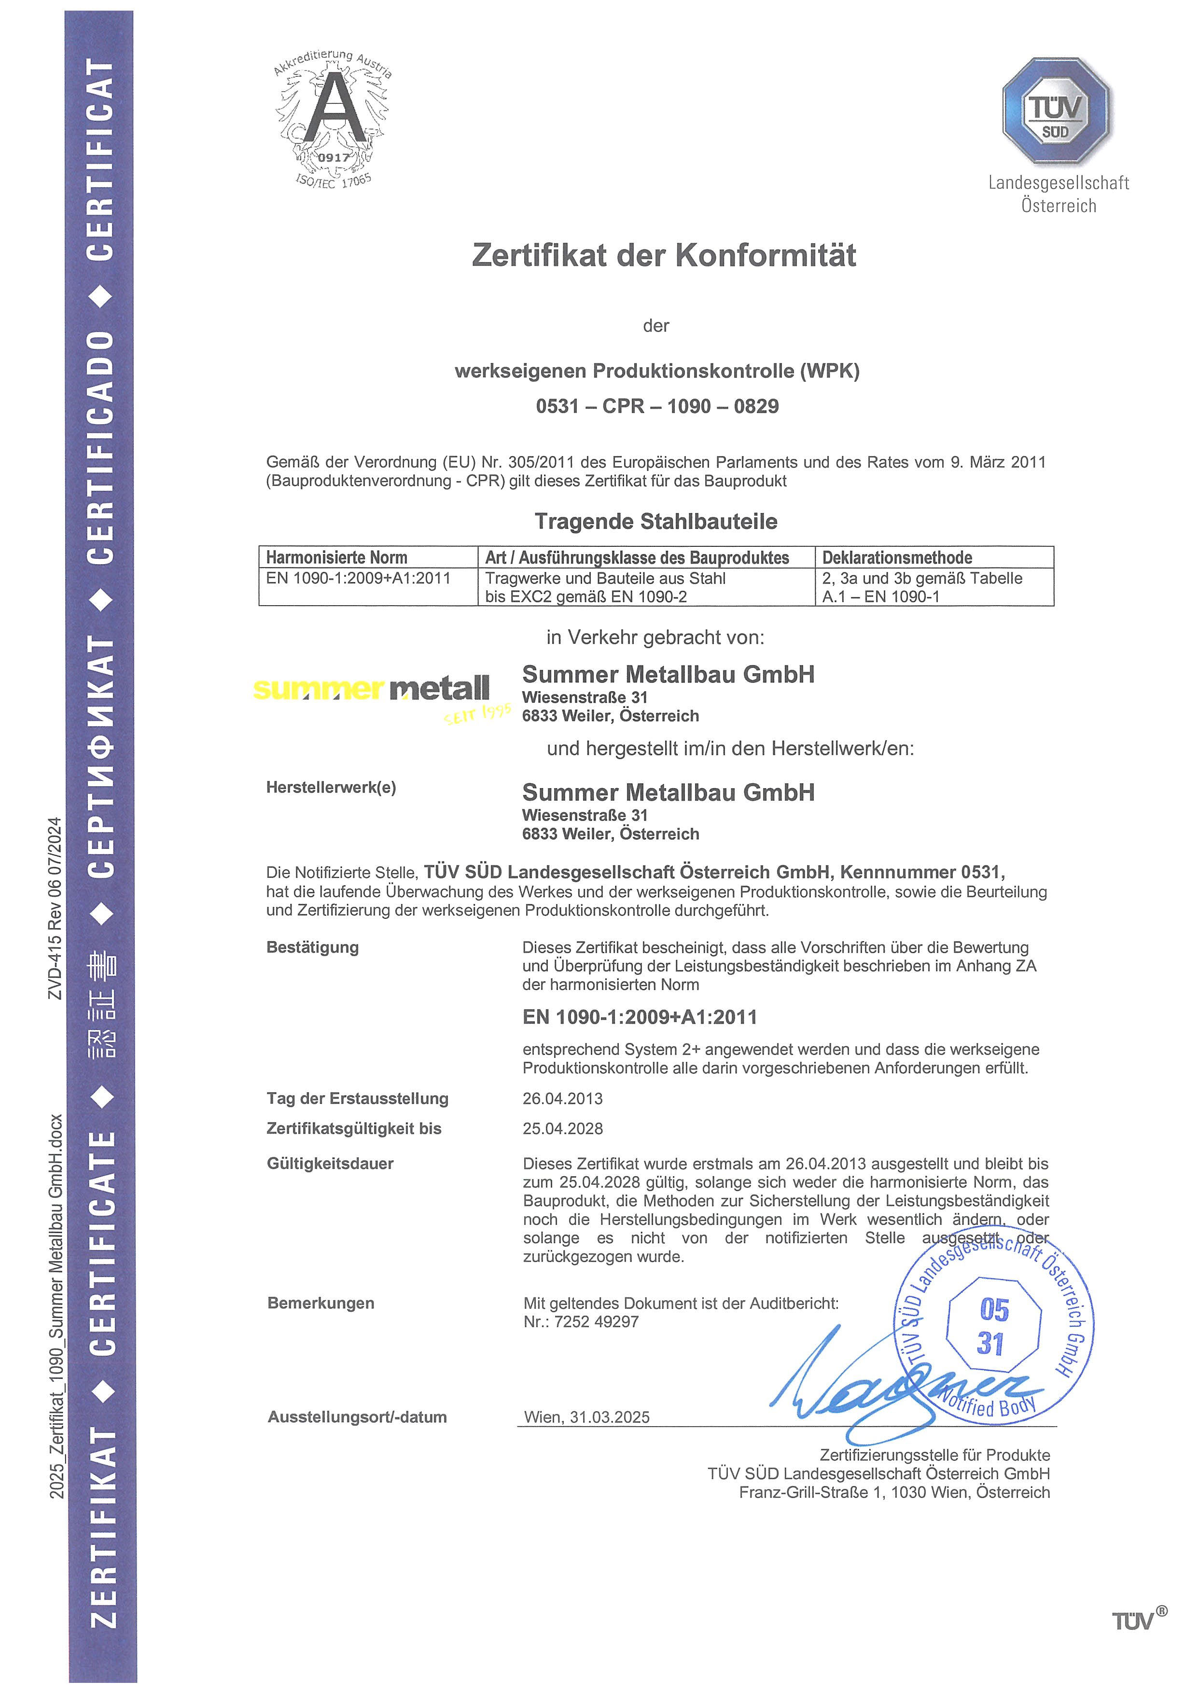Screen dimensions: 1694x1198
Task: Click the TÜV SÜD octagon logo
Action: pos(1057,111)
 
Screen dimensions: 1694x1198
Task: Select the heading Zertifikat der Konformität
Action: pos(664,255)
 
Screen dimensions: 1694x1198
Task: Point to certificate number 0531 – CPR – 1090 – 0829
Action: pos(657,406)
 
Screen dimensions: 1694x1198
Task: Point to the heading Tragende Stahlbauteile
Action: pos(656,522)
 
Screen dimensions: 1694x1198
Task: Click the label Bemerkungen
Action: pos(321,1303)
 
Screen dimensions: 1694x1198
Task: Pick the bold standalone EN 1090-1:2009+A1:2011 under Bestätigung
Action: pos(640,1017)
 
